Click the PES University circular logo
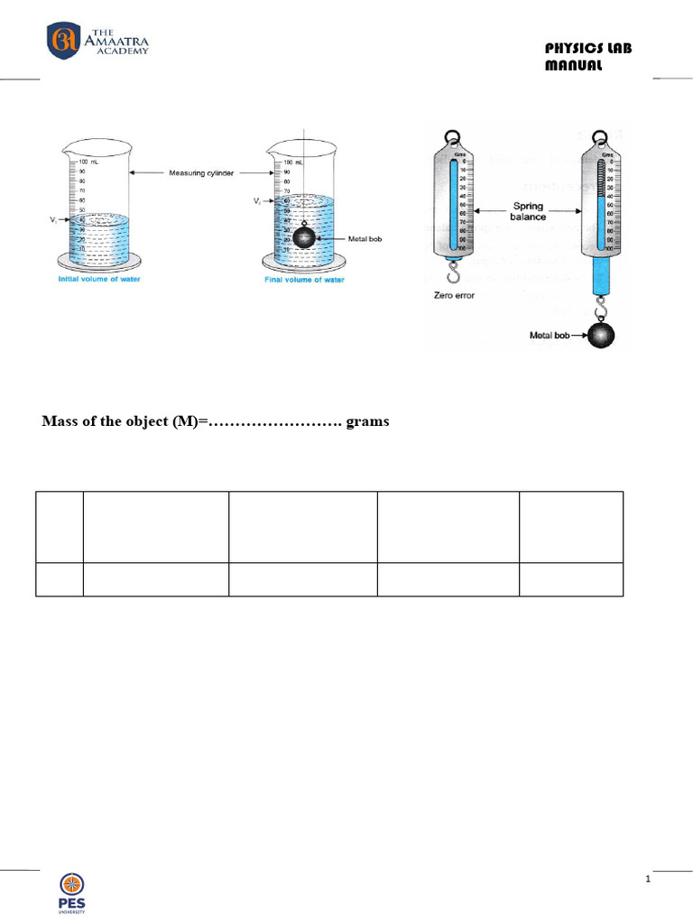74,887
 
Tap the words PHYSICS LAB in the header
588,49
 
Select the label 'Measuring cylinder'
200,172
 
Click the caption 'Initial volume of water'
98,279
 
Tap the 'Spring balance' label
528,211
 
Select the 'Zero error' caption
455,295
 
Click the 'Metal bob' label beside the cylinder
367,239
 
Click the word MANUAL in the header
574,66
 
